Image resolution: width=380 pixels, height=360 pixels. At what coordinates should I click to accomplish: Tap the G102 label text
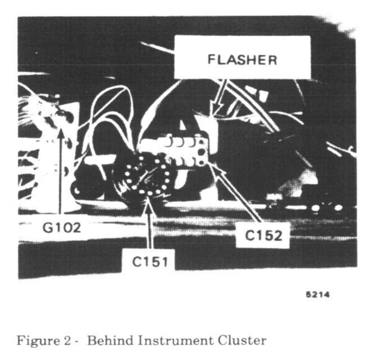tap(61, 227)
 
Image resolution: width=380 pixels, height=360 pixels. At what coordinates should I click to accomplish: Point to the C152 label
tap(263, 236)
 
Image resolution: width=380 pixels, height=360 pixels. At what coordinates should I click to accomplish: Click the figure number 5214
tap(318, 295)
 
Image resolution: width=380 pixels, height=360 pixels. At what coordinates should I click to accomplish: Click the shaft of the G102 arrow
tap(60, 176)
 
